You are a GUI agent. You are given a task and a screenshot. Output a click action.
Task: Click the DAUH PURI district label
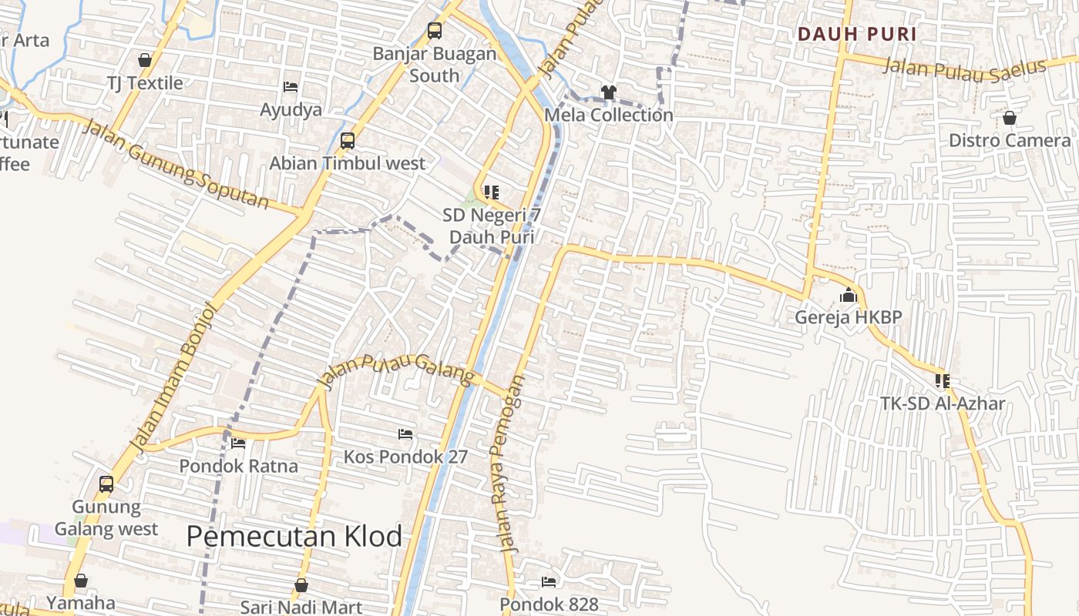857,35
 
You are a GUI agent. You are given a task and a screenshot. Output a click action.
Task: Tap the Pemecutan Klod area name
294,536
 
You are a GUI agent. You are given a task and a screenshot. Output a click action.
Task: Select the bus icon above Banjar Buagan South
435,32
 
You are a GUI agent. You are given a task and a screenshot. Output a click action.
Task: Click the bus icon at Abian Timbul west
348,141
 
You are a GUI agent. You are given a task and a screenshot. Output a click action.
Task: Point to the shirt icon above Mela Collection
609,92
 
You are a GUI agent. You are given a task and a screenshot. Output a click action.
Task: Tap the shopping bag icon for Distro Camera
1009,119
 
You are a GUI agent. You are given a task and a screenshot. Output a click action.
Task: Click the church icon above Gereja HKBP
849,296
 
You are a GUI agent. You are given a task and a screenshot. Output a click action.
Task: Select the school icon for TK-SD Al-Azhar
942,381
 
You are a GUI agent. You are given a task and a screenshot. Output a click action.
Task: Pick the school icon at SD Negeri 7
491,192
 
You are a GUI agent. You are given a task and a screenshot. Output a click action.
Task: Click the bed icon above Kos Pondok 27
405,434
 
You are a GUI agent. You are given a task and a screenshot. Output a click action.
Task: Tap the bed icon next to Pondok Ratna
238,444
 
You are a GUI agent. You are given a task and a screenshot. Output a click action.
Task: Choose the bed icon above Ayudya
291,87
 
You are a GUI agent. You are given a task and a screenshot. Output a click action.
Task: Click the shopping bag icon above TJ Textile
145,60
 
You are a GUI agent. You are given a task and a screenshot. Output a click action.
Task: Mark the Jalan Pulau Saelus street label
963,68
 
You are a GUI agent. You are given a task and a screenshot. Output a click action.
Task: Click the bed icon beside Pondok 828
549,581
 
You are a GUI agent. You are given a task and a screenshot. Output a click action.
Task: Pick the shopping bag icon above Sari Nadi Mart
301,585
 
